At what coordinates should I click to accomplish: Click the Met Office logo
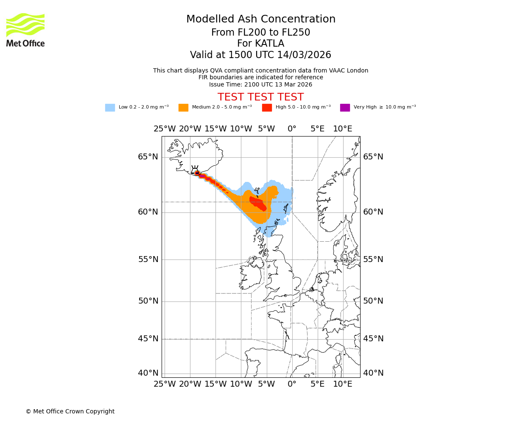(25, 30)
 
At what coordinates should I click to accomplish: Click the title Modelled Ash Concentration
(261, 20)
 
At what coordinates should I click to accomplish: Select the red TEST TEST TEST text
(260, 98)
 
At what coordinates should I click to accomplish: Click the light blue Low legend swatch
(110, 108)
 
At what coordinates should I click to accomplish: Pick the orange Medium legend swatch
(183, 108)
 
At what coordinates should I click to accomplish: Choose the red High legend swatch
(267, 108)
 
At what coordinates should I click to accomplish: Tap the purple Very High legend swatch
(345, 108)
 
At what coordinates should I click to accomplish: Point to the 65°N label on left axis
(148, 157)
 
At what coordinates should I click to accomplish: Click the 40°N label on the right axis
(373, 373)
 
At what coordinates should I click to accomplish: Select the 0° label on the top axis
(292, 129)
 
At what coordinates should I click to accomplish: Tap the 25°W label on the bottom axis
(165, 384)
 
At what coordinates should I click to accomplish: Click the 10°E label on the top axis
(343, 129)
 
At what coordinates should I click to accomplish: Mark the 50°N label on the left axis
(148, 301)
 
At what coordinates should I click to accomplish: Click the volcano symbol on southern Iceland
(195, 170)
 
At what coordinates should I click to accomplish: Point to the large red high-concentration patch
(258, 204)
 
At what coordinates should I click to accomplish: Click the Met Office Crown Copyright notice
(70, 412)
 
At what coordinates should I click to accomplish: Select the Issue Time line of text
(260, 85)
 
